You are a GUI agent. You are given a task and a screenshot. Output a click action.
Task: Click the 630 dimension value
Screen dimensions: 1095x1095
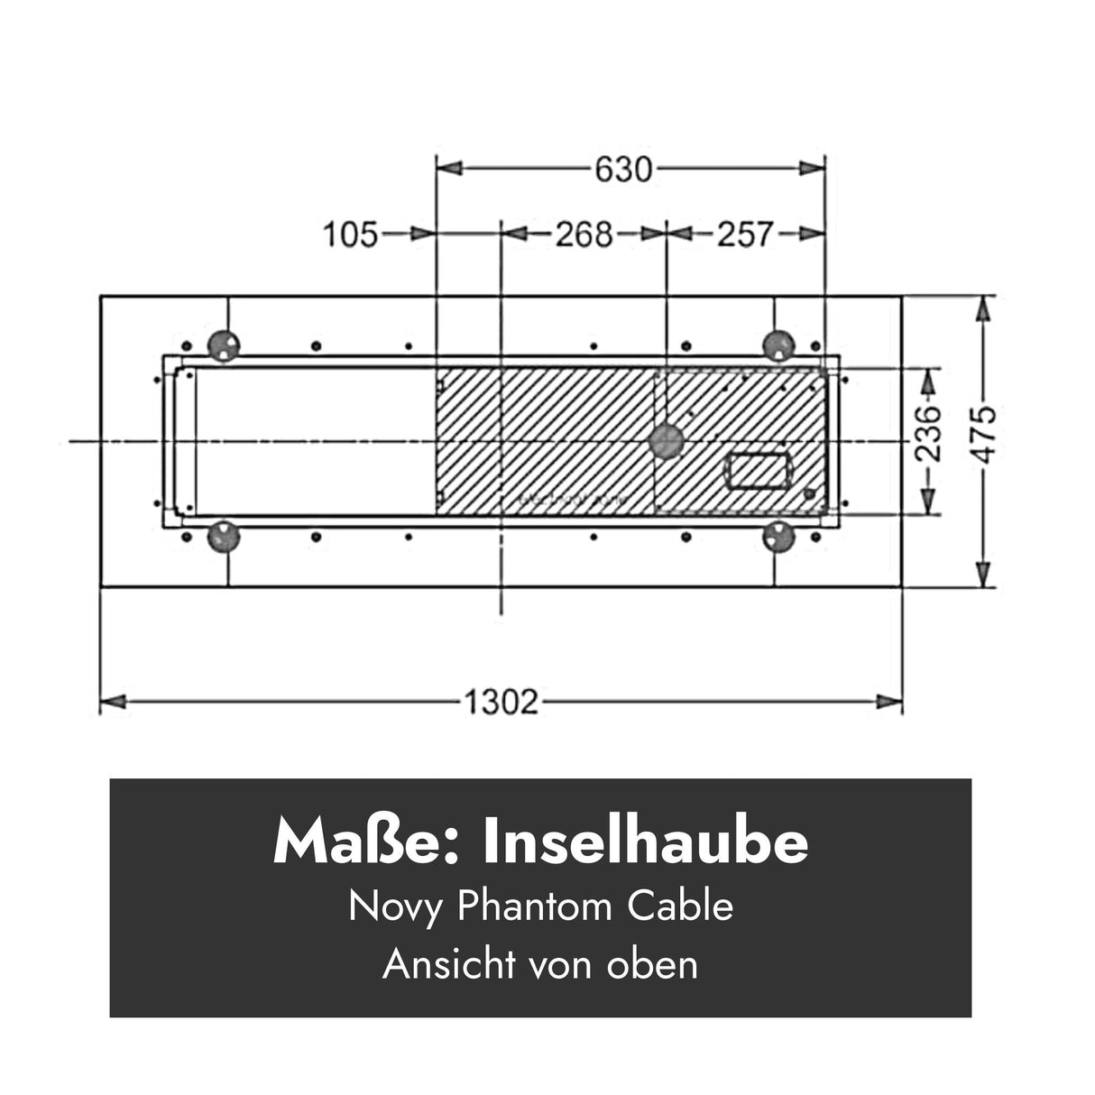(x=622, y=169)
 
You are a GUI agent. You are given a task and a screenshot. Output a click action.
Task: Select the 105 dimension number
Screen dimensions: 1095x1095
(x=351, y=235)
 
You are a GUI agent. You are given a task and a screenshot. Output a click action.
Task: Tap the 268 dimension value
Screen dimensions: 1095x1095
(x=583, y=235)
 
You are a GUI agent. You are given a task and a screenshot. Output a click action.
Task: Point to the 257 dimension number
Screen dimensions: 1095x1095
(x=745, y=235)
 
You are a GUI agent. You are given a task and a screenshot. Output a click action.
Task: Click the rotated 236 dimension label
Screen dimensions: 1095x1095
(x=929, y=433)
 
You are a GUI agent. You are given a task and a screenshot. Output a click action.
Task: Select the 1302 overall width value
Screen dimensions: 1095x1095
(x=501, y=702)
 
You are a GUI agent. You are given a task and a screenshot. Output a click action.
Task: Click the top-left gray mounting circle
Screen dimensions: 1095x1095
(x=223, y=344)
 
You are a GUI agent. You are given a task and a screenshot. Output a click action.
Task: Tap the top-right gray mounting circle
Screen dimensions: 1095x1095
(x=778, y=344)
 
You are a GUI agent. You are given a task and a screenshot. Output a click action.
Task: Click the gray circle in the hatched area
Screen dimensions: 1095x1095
(x=667, y=441)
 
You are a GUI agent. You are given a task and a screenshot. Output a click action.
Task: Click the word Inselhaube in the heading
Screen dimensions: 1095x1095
(x=646, y=842)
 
